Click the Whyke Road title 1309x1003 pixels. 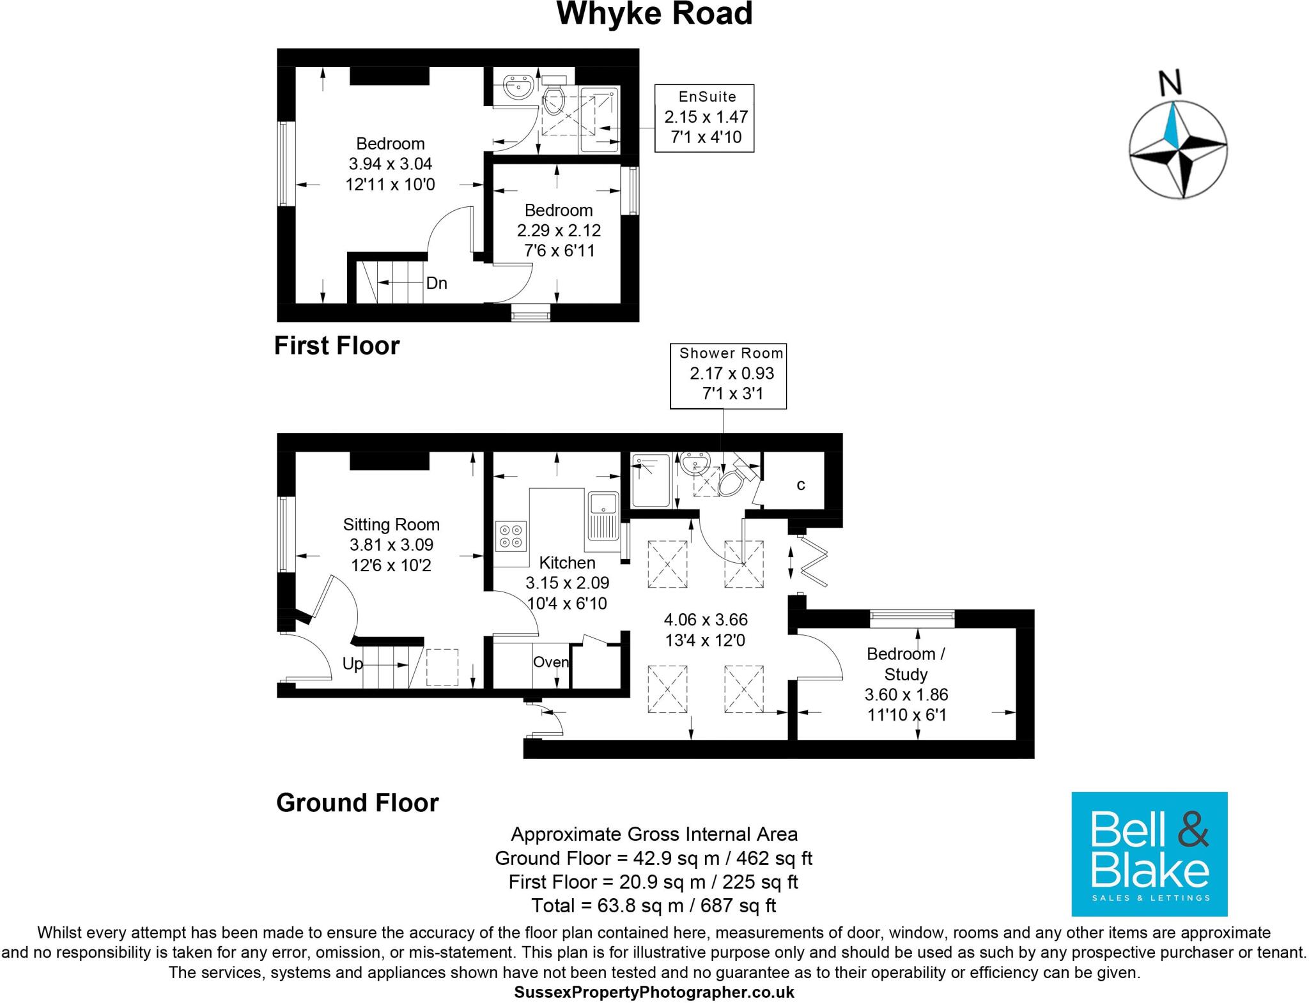pos(654,14)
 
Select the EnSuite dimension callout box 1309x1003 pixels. pos(704,118)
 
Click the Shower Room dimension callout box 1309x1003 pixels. pos(728,376)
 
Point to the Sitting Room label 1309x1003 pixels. pos(391,525)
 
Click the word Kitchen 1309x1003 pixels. pos(567,563)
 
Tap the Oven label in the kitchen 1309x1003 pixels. pos(550,662)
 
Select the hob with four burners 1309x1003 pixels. pos(511,536)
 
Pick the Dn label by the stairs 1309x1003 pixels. pos(437,283)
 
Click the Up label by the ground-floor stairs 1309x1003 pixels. pos(352,664)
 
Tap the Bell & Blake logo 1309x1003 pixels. pos(1149,854)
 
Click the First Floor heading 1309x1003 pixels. pos(337,346)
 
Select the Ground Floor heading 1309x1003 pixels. pos(357,803)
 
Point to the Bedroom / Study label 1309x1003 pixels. pos(906,664)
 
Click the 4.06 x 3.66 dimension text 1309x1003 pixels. pos(706,620)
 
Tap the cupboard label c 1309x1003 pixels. pos(800,485)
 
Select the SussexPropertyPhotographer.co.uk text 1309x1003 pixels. pos(654,992)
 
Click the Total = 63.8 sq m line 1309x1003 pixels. pos(654,905)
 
